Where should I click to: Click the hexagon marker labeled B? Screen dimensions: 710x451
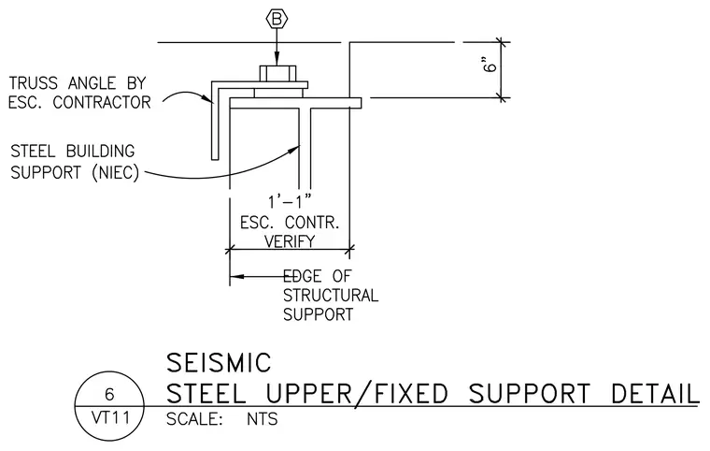277,19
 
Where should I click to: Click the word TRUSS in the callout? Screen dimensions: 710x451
34,83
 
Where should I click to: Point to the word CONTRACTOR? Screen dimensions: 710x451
102,103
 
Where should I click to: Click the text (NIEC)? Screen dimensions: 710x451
116,173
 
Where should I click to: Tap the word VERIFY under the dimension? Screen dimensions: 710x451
290,240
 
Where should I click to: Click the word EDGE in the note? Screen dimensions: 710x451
302,276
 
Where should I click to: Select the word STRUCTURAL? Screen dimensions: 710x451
331,296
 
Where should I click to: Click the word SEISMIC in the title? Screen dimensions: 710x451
219,362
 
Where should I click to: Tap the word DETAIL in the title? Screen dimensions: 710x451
655,393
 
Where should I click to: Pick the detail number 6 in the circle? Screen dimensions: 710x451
109,394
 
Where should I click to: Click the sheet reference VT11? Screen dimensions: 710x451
110,417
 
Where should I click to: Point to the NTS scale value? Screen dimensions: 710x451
263,419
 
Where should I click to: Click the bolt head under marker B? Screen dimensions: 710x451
278,74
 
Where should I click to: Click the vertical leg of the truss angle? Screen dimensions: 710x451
215,121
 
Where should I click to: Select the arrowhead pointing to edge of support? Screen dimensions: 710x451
236,276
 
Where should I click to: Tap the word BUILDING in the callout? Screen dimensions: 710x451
101,151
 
